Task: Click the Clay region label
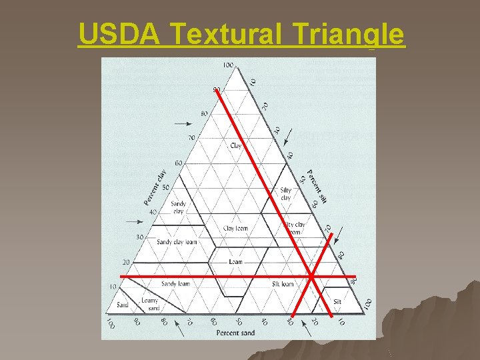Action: (x=235, y=145)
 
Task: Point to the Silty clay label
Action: (x=285, y=193)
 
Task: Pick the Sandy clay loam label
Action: (x=177, y=242)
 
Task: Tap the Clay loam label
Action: (x=235, y=228)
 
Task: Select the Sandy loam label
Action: (x=175, y=283)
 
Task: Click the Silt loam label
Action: (x=283, y=283)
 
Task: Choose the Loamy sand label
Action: (x=150, y=304)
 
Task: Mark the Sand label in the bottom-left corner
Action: (x=122, y=305)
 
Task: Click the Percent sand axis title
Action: (x=235, y=332)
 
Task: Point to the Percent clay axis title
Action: (x=155, y=187)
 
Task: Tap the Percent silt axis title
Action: (x=315, y=185)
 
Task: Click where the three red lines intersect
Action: (x=311, y=275)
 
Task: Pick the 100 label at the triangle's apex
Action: (x=227, y=65)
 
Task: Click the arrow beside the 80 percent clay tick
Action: (x=181, y=123)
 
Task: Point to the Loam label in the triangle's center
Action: (x=235, y=262)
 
